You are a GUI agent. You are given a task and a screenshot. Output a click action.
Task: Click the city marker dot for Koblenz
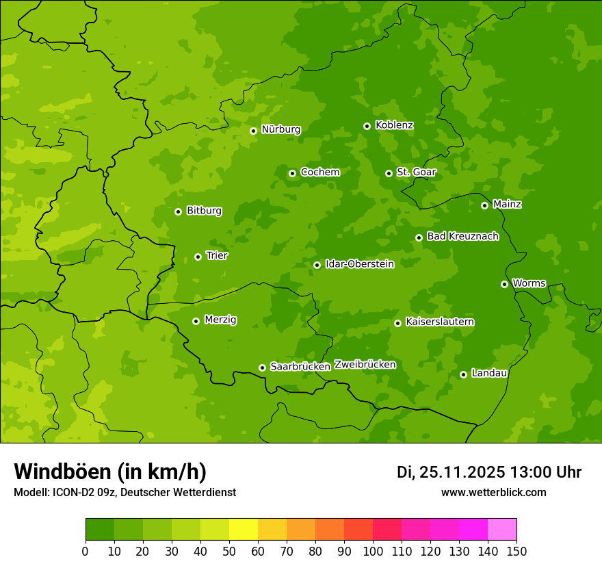click(x=367, y=126)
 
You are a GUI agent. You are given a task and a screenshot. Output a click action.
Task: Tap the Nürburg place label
click(x=280, y=129)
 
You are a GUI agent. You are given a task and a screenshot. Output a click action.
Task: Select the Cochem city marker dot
click(x=292, y=173)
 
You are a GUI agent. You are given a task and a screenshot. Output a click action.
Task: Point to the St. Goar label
click(x=416, y=172)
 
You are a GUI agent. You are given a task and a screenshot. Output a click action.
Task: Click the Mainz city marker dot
click(x=484, y=205)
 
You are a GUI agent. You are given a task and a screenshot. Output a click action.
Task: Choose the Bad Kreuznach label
click(x=462, y=236)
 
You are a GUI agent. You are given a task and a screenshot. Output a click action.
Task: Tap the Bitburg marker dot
click(x=178, y=211)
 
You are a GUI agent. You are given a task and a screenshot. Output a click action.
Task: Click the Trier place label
click(x=217, y=255)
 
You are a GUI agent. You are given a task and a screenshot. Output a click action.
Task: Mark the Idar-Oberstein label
click(x=359, y=263)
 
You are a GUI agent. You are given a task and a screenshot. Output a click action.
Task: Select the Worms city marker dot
click(x=504, y=284)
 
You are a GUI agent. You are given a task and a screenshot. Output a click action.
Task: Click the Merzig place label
click(x=220, y=320)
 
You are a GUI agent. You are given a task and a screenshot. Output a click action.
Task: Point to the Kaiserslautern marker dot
click(x=397, y=323)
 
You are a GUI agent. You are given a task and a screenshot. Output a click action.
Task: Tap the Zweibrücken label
click(x=365, y=364)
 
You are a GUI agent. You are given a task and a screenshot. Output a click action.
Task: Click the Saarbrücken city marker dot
click(x=262, y=367)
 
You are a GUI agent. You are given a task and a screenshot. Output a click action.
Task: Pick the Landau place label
click(x=489, y=373)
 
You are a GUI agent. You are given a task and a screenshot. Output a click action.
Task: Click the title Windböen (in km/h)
click(x=109, y=472)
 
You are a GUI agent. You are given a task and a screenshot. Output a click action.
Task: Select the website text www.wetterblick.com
click(x=493, y=492)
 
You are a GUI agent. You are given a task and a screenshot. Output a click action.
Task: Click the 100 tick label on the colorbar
click(x=373, y=551)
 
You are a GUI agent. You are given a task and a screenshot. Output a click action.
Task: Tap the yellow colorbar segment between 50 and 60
click(x=244, y=530)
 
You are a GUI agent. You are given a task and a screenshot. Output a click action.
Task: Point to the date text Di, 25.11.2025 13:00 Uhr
click(x=489, y=472)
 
